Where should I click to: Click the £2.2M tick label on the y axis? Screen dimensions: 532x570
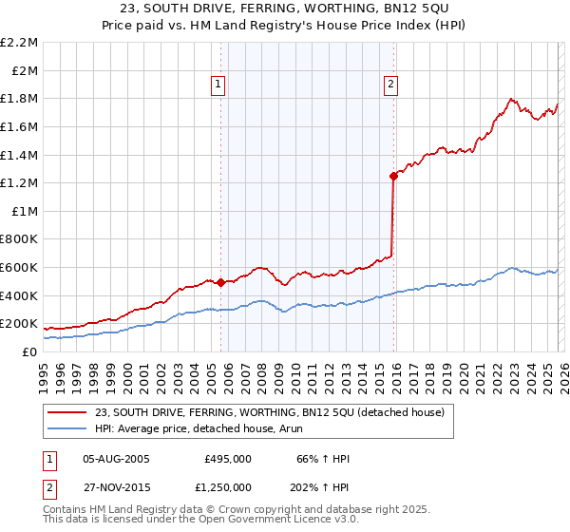(x=19, y=43)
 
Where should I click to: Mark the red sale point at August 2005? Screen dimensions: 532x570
(x=220, y=282)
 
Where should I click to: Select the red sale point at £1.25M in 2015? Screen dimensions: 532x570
(x=393, y=176)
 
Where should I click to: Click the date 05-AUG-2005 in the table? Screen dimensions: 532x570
(x=117, y=459)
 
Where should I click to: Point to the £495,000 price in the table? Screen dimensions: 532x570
(x=228, y=459)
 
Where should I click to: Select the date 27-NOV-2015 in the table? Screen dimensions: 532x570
(x=117, y=486)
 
